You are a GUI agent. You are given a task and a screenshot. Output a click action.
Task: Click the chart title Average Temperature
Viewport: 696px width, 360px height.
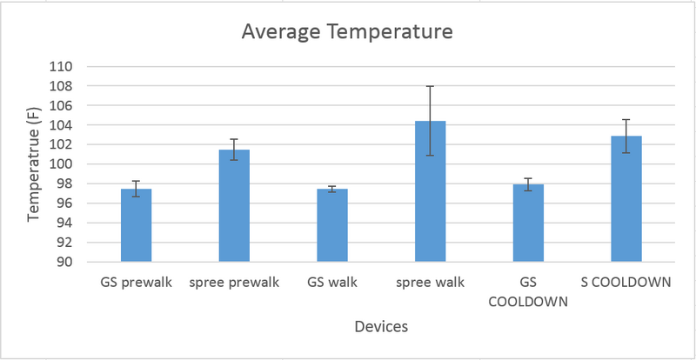point(347,34)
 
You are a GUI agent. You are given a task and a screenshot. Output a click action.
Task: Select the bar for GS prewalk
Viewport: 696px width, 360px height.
point(137,225)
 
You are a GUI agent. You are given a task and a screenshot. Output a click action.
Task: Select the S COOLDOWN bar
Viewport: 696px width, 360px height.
point(626,199)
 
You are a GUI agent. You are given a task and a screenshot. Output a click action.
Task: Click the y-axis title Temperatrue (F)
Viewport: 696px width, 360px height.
point(34,163)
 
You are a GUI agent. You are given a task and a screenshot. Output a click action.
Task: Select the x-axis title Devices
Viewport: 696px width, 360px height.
point(380,327)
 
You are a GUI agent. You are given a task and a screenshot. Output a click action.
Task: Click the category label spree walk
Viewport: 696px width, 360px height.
point(430,283)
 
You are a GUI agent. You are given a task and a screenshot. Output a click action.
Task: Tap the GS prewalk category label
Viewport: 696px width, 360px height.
point(137,283)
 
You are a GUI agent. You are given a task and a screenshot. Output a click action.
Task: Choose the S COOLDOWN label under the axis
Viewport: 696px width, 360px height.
point(626,283)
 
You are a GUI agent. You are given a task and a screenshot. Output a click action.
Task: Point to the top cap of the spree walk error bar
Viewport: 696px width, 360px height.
point(430,86)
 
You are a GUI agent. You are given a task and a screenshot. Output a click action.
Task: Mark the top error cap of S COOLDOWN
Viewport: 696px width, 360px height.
point(626,119)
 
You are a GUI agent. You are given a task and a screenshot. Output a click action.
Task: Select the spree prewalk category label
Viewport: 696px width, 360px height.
point(234,283)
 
